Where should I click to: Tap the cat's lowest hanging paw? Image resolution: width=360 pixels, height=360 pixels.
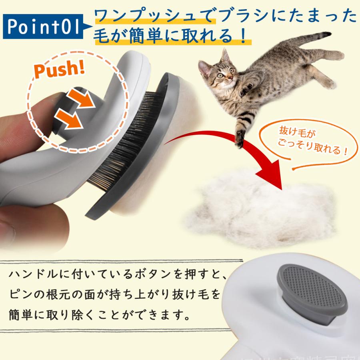click(x=240, y=138)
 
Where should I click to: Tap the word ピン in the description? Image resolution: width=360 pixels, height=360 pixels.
click(x=18, y=295)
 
